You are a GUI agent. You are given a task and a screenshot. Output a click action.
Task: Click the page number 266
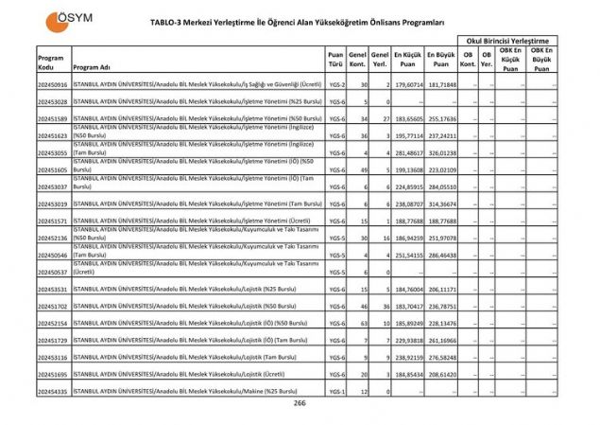pos(300,403)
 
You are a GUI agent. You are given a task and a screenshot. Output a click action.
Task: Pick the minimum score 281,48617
pos(408,152)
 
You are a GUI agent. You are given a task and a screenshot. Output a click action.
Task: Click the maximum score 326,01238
pos(441,152)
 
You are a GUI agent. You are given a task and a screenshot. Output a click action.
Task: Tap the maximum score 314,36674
pos(441,204)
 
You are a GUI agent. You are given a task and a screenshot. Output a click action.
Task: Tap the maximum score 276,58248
pos(441,357)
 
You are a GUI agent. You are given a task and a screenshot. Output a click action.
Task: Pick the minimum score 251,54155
pos(408,255)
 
